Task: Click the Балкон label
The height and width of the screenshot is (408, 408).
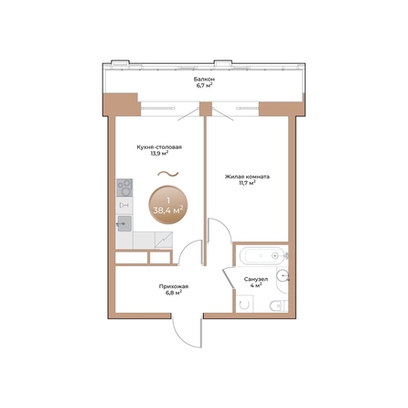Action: tap(204, 80)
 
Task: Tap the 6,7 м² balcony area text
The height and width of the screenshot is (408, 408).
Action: tap(204, 87)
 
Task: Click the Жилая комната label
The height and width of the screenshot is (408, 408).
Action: tap(247, 177)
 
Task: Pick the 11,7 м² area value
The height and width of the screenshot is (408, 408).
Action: tap(247, 184)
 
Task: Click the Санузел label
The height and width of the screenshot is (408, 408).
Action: tap(256, 277)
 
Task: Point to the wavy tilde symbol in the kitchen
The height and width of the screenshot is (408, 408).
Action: tap(165, 172)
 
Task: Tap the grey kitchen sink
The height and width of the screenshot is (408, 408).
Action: tap(124, 222)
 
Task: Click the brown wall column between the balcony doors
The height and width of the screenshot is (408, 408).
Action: tap(204, 106)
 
